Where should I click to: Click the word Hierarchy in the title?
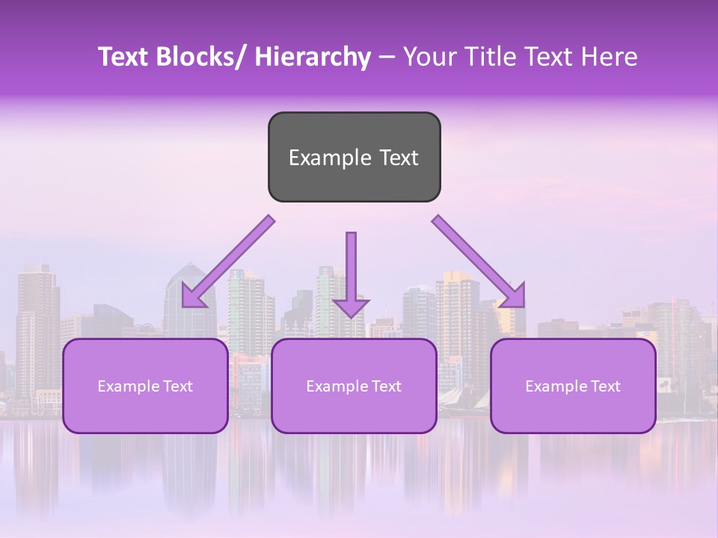pos(312,58)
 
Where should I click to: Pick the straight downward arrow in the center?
pos(351,269)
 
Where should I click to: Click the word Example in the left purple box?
pos(126,386)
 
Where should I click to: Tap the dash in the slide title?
pos(387,58)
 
